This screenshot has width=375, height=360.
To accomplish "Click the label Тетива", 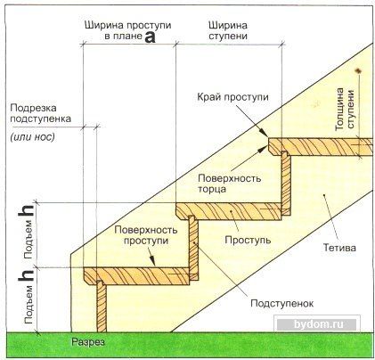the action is coord(339,247).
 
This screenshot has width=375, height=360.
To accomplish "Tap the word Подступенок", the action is coord(281,303).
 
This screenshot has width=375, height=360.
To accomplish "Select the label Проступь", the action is coord(248,240).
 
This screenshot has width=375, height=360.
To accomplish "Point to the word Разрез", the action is coord(88,342).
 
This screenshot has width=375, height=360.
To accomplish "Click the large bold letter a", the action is coord(151,37).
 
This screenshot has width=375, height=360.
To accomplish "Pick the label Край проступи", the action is coord(232,97).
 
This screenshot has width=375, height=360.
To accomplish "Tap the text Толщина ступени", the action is coord(345,109).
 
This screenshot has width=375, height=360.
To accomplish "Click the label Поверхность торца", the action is coord(230,184).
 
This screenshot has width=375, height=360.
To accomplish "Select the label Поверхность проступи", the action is coord(146,234).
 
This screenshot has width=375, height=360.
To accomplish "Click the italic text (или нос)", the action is coord(33,137).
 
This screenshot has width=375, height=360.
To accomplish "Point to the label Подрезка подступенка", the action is coord(41,113).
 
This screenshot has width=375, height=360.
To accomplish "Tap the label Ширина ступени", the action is coord(228,30).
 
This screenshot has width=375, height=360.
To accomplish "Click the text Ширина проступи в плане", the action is coord(127,31).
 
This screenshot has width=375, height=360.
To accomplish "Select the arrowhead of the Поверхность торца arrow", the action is coord(262,150).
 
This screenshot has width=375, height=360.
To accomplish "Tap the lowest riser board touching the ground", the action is coord(102,307).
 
